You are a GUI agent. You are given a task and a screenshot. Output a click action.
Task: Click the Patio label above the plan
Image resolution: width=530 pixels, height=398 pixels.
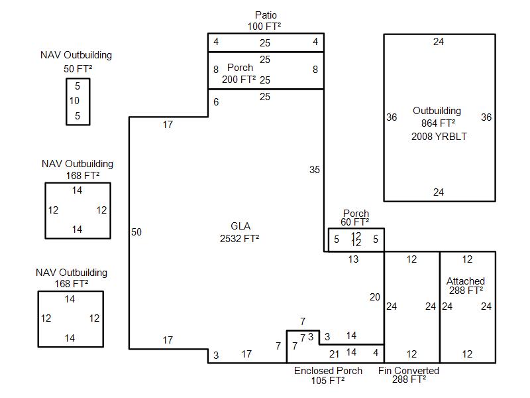click(266, 15)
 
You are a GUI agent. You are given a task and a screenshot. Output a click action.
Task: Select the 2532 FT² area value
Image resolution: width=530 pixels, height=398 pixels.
click(239, 239)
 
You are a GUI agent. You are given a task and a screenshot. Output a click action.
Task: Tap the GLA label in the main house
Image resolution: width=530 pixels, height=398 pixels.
click(240, 226)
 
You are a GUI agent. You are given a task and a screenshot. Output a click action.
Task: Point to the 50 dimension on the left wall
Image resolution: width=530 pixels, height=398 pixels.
click(136, 232)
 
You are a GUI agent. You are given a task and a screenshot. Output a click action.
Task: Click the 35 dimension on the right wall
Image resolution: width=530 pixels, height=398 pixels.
click(314, 170)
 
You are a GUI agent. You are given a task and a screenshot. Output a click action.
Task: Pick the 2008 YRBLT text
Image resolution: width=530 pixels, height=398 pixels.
click(439, 137)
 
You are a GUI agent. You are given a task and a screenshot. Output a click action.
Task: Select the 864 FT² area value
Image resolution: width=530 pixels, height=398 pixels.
click(438, 123)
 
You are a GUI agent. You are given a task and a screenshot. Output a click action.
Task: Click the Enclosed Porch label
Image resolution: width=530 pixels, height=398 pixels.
click(328, 371)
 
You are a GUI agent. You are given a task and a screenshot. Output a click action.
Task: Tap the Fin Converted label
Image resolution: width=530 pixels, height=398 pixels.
click(409, 371)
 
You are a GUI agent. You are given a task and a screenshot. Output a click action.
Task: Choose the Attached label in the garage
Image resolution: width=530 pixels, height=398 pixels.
click(466, 281)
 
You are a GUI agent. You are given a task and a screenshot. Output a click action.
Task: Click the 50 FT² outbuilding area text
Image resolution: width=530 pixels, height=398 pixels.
click(78, 69)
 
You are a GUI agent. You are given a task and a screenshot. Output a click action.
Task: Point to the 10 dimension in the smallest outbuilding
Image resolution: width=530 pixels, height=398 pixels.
click(74, 101)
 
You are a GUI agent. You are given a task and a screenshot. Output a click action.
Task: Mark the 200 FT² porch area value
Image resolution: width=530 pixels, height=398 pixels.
click(238, 80)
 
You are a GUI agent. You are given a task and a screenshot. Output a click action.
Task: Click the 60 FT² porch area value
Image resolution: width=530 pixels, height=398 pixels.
click(354, 222)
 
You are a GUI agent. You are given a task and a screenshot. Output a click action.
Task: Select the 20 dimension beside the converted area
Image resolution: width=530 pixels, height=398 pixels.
click(375, 297)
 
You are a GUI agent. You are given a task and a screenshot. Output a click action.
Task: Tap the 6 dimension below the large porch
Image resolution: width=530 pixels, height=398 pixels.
click(216, 102)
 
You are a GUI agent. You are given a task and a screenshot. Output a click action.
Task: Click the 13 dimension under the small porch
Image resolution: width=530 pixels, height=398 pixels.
click(353, 259)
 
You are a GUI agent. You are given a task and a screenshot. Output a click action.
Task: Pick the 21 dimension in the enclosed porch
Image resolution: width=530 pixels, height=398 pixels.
click(334, 354)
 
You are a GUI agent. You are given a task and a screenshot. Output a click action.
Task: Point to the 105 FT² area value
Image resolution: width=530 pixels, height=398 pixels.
click(327, 381)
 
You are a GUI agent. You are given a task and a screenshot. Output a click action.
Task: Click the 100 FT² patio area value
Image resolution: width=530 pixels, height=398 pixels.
click(264, 27)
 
